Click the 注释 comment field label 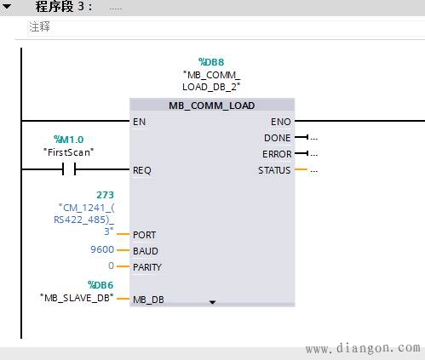coord(40,26)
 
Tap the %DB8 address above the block coord(212,62)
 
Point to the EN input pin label coord(139,122)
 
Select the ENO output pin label coord(279,122)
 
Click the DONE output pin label coord(277,138)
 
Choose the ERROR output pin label coord(276,154)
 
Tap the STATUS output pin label coord(273,170)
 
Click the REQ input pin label coord(142,170)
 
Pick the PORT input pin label coord(145,235)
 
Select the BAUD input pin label coord(145,251)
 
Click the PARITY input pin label coord(147,267)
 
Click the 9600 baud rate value coord(102,250)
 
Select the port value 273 coord(106,196)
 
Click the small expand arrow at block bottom coord(212,302)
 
